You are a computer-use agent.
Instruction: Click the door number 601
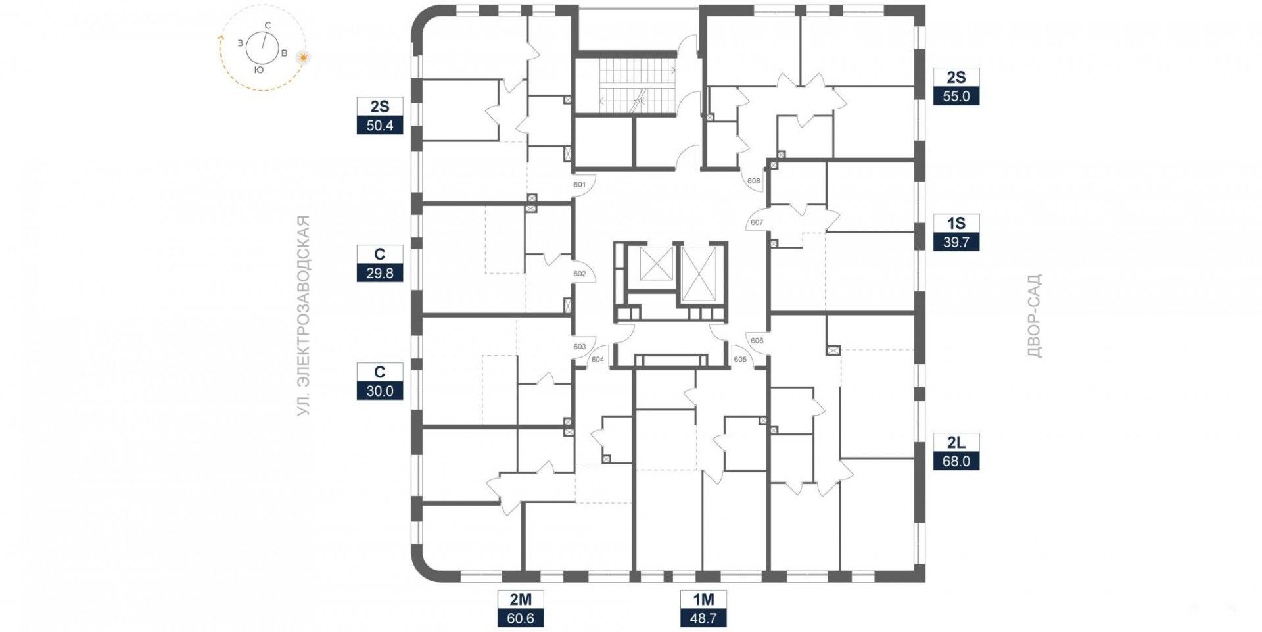[579, 185]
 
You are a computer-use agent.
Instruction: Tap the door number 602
[579, 274]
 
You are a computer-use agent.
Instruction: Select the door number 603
[579, 347]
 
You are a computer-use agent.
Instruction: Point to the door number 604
[597, 359]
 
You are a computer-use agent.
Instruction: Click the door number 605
[740, 359]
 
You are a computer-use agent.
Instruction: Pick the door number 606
[757, 341]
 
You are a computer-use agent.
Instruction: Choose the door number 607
[757, 222]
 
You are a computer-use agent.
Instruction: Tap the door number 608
[754, 181]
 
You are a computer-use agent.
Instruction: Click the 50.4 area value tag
[380, 125]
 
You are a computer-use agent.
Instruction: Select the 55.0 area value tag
[956, 96]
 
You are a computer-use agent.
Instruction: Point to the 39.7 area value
[956, 242]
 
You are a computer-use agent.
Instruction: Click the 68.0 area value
[956, 461]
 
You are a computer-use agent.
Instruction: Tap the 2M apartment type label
[521, 599]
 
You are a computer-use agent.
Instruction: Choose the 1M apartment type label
[703, 599]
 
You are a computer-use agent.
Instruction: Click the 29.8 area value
[380, 273]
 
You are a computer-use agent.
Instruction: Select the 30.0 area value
[380, 391]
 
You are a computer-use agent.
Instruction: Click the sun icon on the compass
[303, 57]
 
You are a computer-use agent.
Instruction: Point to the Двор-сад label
[1035, 316]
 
